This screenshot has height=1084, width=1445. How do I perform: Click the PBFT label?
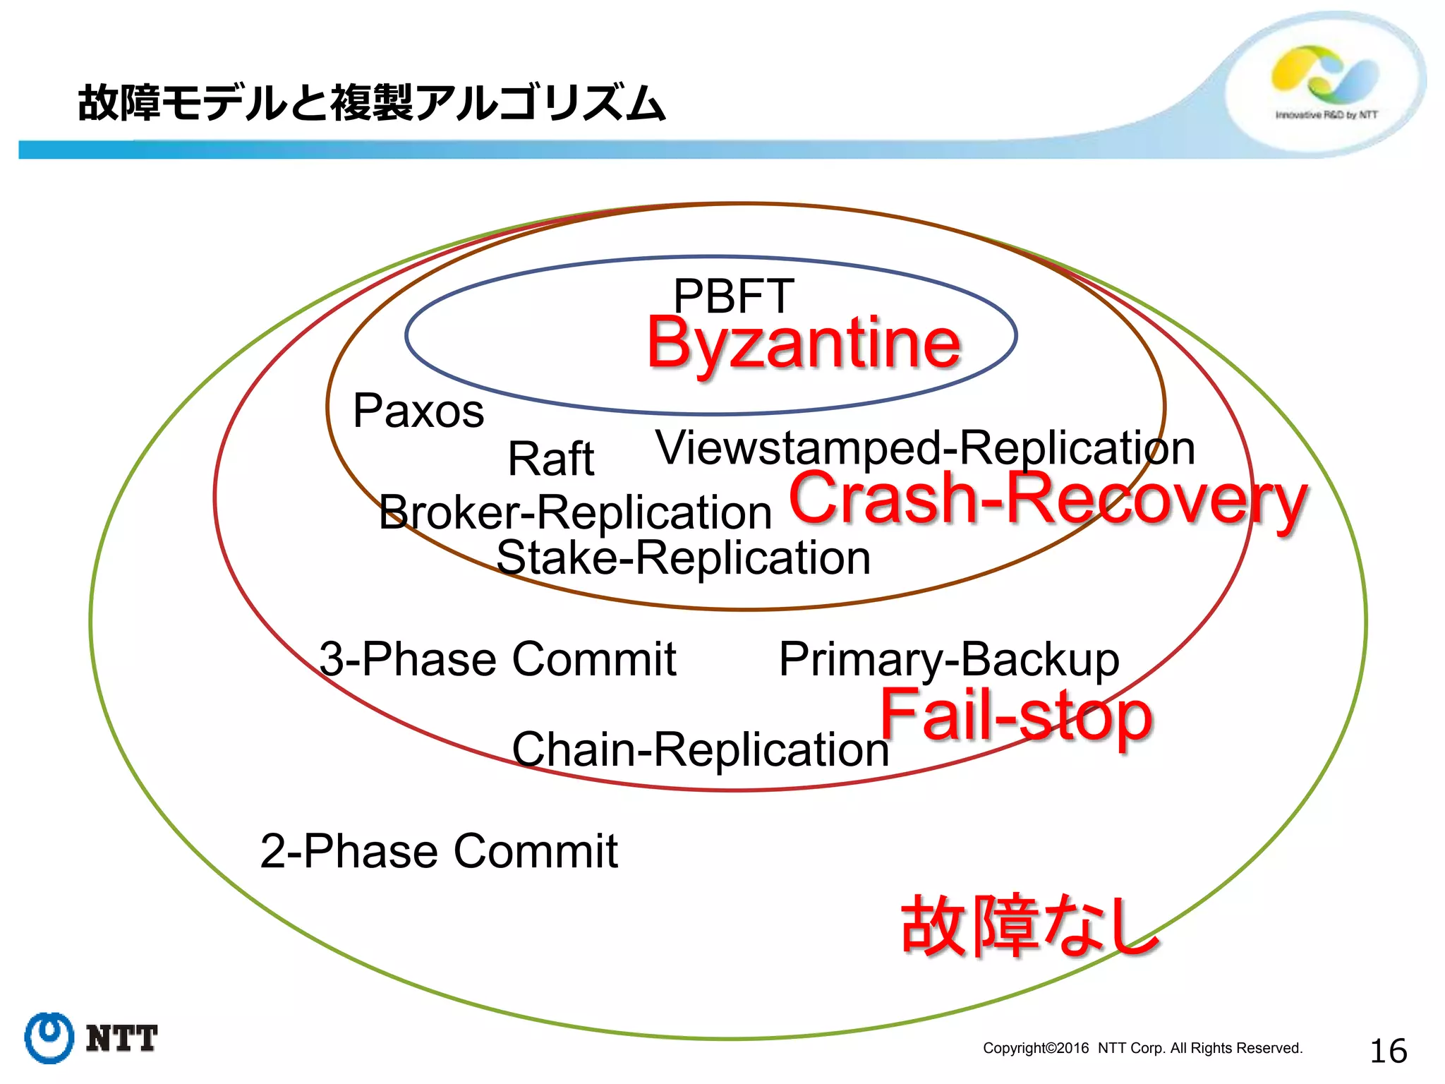(734, 296)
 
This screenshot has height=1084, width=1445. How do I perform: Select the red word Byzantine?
(804, 344)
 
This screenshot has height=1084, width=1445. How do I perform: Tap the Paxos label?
(418, 411)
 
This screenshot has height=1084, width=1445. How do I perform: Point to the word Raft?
(551, 459)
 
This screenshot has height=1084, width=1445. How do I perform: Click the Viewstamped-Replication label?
(925, 448)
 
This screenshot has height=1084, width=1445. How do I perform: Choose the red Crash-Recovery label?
(1048, 499)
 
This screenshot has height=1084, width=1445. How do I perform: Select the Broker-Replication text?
(575, 512)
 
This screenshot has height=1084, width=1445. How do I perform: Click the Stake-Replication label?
(683, 558)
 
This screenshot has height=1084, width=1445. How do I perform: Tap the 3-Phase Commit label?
(497, 659)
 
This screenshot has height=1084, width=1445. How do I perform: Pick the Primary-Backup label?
(948, 659)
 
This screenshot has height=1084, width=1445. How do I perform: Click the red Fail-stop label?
(1016, 716)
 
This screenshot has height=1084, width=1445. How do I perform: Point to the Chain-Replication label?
(700, 749)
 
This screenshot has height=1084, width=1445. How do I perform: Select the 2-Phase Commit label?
(439, 851)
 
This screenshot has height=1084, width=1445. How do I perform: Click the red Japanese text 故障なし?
(1029, 926)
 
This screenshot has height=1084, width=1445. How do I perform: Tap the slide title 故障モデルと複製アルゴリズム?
(371, 103)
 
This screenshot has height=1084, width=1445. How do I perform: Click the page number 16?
(1388, 1051)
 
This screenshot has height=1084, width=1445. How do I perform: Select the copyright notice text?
(1142, 1048)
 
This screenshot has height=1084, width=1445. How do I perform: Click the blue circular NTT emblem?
(49, 1037)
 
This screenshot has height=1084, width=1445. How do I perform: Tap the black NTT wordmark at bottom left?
(121, 1039)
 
